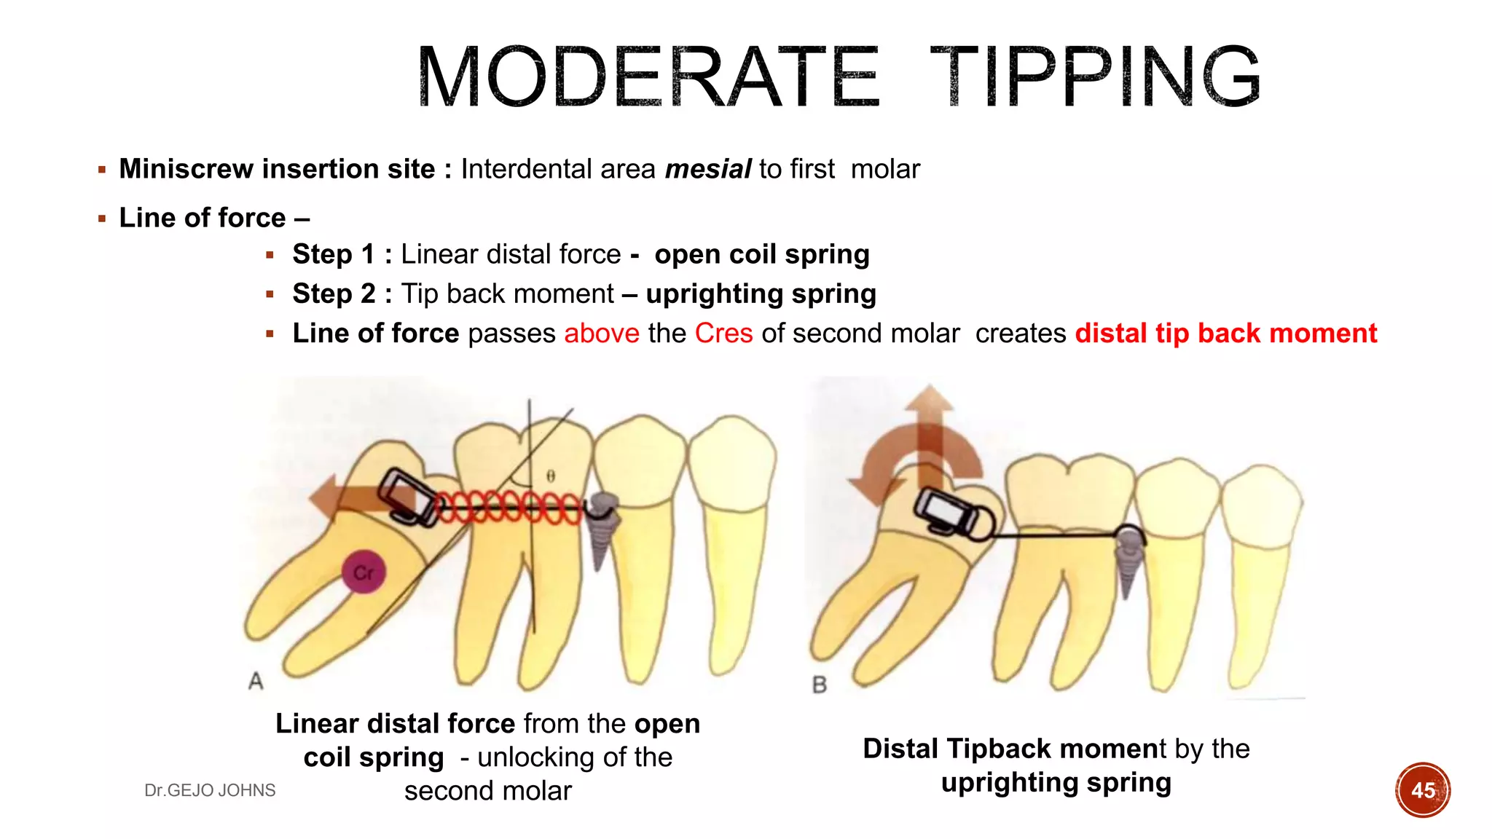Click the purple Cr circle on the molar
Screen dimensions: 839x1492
click(364, 572)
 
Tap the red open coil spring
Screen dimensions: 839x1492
click(509, 507)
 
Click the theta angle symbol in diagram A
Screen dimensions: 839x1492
click(551, 476)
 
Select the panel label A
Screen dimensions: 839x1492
click(256, 681)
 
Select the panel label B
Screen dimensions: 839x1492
click(820, 685)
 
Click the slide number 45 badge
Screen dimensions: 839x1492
click(1423, 790)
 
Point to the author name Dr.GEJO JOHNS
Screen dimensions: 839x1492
click(210, 790)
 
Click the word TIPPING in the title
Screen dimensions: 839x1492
click(1095, 76)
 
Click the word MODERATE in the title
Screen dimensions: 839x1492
click(648, 76)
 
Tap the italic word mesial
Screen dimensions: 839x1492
click(707, 169)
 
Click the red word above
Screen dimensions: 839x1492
click(602, 334)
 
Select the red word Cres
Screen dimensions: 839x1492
click(723, 334)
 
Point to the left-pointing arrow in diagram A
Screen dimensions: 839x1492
click(342, 499)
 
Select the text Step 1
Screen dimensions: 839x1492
click(333, 254)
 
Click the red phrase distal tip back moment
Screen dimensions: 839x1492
click(1226, 334)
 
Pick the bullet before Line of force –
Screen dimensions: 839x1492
click(102, 218)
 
